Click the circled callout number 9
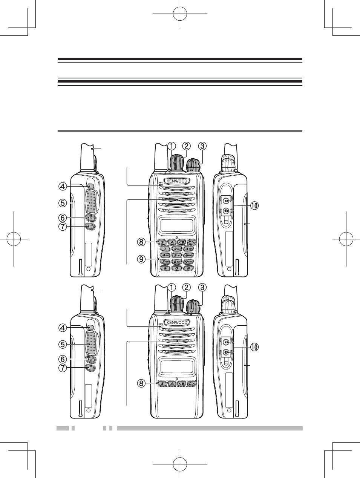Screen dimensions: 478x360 [141, 259]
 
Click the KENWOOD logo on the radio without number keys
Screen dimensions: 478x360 [178, 322]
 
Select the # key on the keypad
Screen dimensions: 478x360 [188, 268]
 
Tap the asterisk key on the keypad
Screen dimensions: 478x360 [165, 268]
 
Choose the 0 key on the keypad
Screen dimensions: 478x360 [177, 268]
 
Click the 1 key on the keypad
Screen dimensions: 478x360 [165, 248]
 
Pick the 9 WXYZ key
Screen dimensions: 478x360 [188, 262]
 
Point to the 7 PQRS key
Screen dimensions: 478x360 [165, 262]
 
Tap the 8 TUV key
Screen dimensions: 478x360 [177, 262]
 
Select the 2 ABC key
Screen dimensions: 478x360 [177, 248]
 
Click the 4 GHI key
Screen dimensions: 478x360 [165, 255]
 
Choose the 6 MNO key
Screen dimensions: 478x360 [188, 255]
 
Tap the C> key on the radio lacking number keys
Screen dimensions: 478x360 [191, 384]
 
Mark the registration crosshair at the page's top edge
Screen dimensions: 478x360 [180, 14]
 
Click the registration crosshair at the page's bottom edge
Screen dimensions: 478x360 [180, 464]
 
